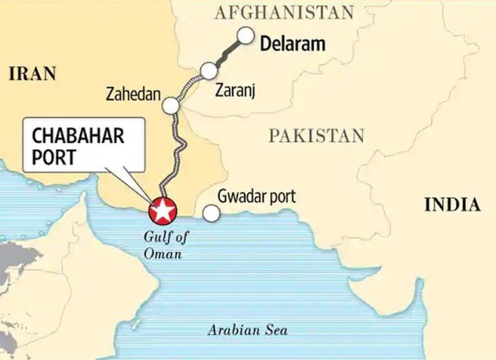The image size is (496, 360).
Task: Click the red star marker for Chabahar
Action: pos(162,211)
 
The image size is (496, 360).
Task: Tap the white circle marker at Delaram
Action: pos(245,36)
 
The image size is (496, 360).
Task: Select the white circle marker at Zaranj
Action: pos(209,70)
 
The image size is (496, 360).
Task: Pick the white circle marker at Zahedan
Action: pos(171,105)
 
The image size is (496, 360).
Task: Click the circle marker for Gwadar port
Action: pos(210,213)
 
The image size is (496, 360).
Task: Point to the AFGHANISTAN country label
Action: pos(285,12)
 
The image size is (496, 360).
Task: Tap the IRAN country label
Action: pos(32,74)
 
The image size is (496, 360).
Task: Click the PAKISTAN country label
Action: pos(316,136)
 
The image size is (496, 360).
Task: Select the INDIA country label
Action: pos(452,206)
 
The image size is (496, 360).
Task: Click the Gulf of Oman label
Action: pos(163,246)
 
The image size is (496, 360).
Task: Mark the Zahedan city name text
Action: pos(132,95)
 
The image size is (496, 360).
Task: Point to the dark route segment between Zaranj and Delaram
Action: pos(227,54)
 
